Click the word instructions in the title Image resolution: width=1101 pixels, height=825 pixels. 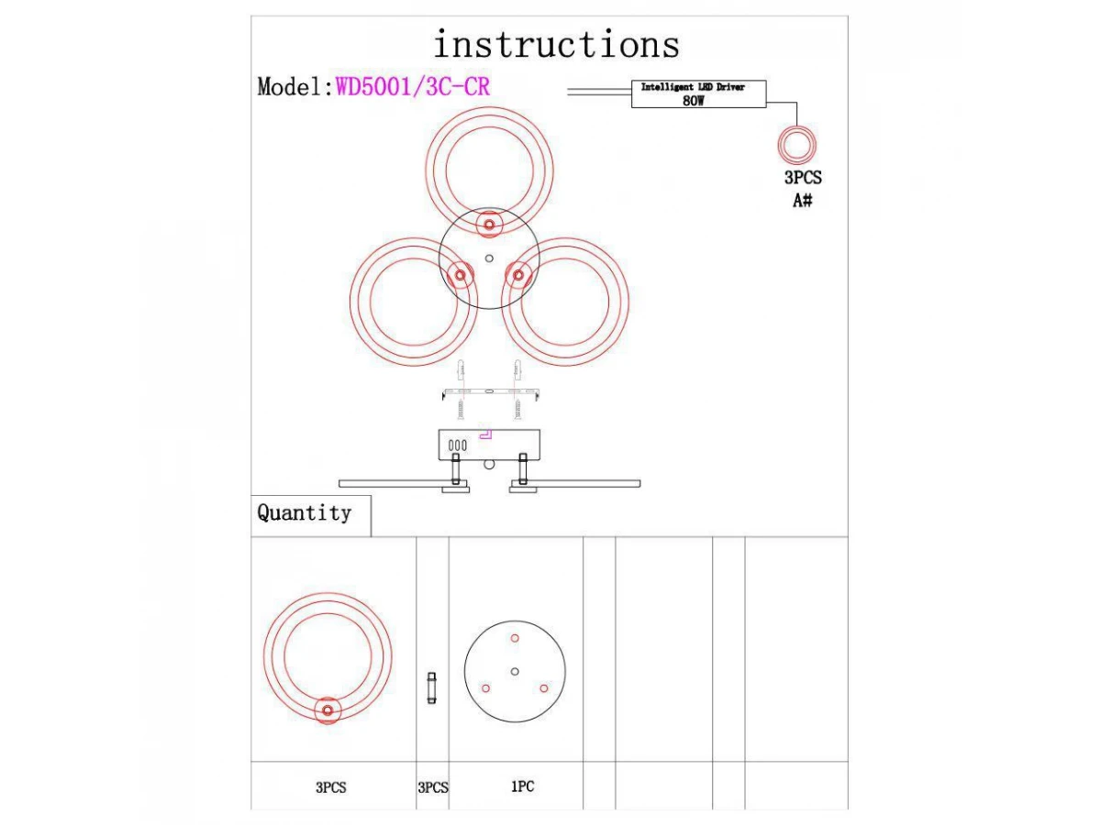[556, 44]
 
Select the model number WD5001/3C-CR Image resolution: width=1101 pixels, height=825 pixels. [413, 87]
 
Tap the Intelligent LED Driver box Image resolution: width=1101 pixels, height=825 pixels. [698, 94]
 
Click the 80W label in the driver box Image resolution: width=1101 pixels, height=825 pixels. [694, 101]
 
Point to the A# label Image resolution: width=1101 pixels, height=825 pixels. [802, 200]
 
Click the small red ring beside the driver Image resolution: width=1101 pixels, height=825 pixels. [797, 144]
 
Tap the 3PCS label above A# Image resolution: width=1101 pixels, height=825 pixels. [802, 179]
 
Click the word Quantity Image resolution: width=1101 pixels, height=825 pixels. [304, 513]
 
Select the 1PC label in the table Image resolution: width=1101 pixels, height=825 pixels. [522, 786]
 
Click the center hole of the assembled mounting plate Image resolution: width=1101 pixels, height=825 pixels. [489, 258]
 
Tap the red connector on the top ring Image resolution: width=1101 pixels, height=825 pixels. [489, 224]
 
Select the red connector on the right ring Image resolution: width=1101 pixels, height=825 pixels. [518, 274]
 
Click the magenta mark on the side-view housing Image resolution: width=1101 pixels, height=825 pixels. [487, 432]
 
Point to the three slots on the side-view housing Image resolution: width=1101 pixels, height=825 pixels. [458, 445]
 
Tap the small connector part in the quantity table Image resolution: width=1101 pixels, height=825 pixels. [431, 687]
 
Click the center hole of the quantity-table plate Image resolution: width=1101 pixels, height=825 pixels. [515, 672]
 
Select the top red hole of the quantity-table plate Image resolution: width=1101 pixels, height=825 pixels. [515, 638]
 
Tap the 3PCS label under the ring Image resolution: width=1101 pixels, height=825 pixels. [330, 787]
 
